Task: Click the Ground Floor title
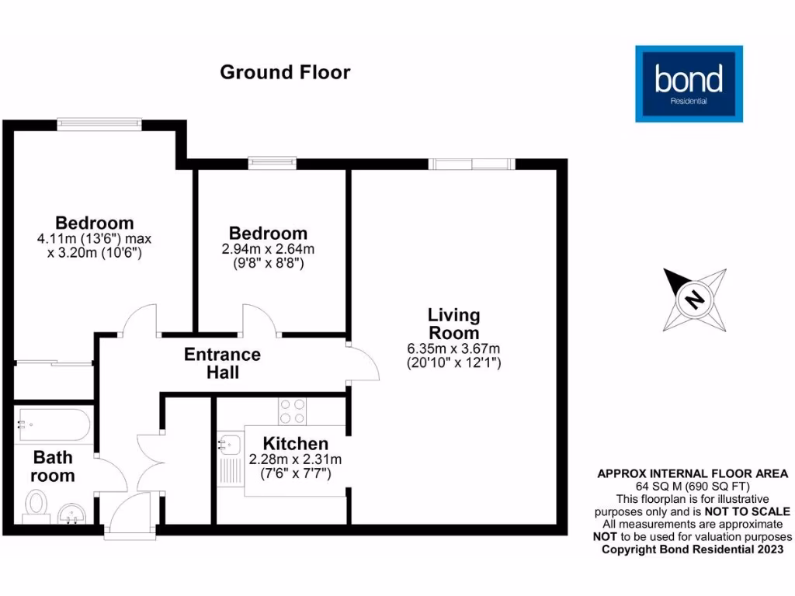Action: [285, 72]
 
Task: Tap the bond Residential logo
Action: [689, 84]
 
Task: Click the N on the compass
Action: [695, 300]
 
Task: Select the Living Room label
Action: [454, 324]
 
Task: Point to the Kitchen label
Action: [295, 444]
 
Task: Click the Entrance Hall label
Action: [222, 363]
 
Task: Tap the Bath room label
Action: [53, 466]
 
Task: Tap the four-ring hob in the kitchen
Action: [293, 411]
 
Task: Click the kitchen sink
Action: [230, 446]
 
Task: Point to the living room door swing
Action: [362, 362]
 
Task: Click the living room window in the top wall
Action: [471, 164]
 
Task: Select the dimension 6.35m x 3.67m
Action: [454, 348]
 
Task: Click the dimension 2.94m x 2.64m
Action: [268, 250]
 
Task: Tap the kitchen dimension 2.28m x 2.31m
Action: [295, 459]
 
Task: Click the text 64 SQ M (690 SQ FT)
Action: [692, 486]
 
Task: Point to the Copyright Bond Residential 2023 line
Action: [692, 549]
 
